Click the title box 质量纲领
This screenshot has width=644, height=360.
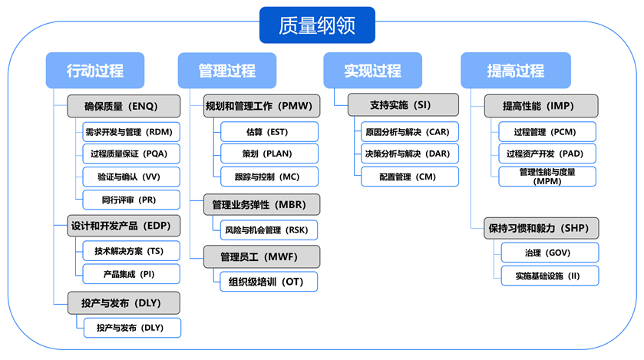coord(317,25)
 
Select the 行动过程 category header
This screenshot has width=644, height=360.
coord(95,71)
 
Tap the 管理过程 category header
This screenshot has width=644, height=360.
coord(226,71)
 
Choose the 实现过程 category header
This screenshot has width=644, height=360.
coord(372,71)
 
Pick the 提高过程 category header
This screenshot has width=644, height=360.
coord(515,71)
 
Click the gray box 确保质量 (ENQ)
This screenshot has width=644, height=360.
coord(124,105)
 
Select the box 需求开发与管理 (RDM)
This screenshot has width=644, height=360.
coord(131,131)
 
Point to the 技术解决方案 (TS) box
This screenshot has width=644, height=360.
coord(131,250)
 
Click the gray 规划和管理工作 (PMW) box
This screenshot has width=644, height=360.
coord(261,105)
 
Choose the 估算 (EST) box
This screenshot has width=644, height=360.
coord(269,131)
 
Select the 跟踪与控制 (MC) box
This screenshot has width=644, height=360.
coord(269,177)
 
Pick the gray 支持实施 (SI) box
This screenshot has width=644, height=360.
coord(402,104)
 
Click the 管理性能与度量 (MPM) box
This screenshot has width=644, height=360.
coord(547,177)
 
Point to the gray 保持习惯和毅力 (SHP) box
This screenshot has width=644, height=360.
coord(542,228)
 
